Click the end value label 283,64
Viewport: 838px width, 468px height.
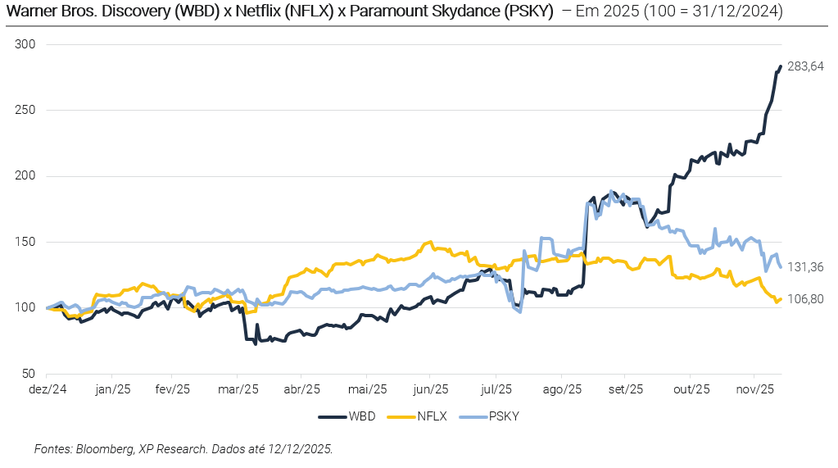click(805, 66)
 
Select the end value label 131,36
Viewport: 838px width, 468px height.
click(805, 267)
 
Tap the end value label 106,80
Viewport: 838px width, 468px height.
click(805, 299)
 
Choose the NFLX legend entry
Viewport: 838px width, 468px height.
click(432, 416)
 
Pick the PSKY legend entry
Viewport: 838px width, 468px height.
click(504, 416)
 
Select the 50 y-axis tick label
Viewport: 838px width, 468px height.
click(29, 373)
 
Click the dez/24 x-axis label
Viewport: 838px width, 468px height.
click(48, 388)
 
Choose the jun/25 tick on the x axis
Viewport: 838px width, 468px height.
click(432, 388)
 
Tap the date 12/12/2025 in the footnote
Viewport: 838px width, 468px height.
click(301, 449)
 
